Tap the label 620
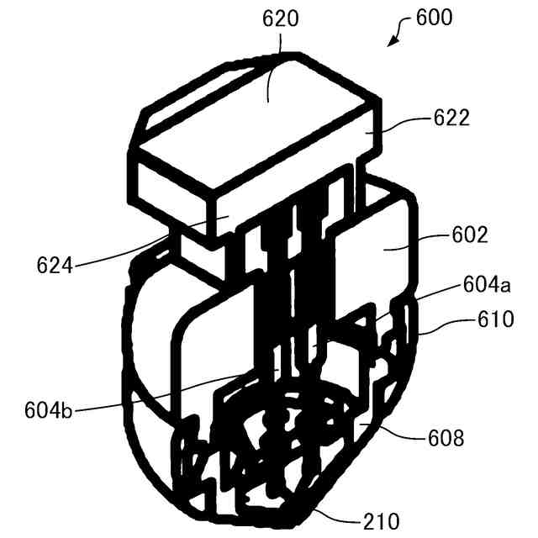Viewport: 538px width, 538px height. (x=280, y=18)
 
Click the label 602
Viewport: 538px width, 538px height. (x=469, y=236)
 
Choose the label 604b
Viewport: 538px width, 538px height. (x=50, y=412)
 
